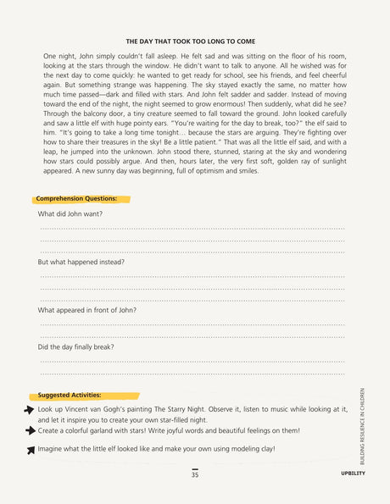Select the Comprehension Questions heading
[76, 198]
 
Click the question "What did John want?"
[70, 213]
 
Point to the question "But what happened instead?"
[81, 262]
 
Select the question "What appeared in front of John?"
[87, 310]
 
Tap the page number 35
[195, 475]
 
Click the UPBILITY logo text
[353, 474]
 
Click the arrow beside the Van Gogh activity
[29, 409]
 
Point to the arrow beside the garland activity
[31, 430]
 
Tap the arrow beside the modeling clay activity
[31, 450]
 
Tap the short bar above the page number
[195, 468]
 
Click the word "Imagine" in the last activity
[53, 449]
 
